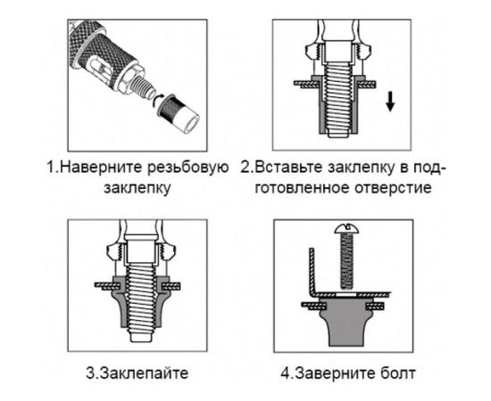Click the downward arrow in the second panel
(x=390, y=101)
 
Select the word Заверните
(x=331, y=372)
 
